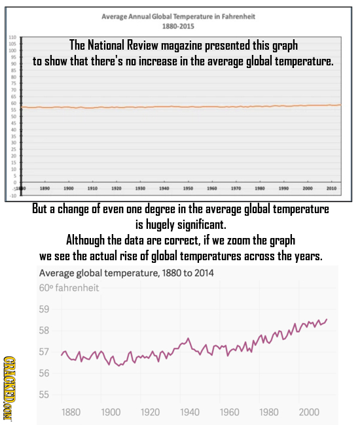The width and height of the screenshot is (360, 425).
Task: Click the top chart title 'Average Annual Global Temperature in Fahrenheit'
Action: point(177,16)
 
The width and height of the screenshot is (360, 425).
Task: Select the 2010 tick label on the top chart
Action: point(332,169)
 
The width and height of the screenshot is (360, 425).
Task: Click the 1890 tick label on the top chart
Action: point(43,169)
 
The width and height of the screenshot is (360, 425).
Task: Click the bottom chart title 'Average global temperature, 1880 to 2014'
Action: point(126,273)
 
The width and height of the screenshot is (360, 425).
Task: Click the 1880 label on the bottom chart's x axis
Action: point(71,412)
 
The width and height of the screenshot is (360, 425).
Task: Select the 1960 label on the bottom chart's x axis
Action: point(229,412)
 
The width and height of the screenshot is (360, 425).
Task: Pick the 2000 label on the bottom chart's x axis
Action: point(308,412)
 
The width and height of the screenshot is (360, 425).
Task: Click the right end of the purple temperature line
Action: point(326,319)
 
